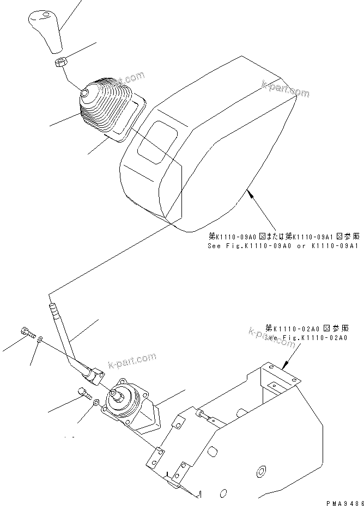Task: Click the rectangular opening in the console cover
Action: point(157,141)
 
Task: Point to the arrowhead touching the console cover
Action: point(249,190)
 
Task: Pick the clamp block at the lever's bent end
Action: point(96,376)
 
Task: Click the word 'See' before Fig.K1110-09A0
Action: point(214,245)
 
